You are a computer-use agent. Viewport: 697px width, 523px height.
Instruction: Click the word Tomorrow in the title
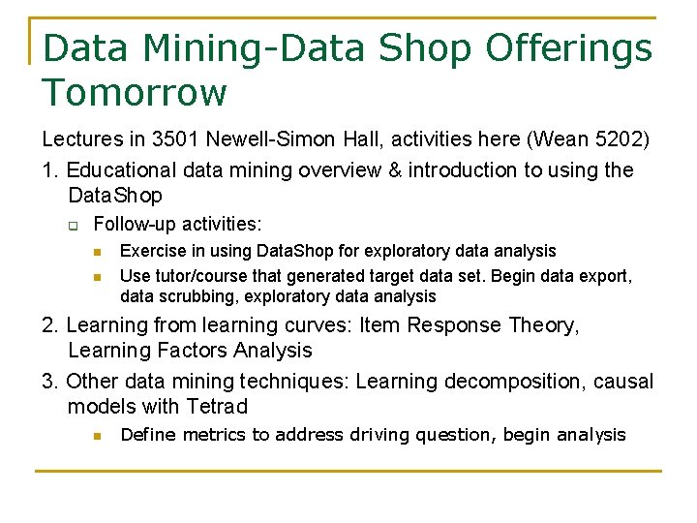click(135, 93)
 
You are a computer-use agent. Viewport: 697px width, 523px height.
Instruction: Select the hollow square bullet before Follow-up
click(71, 225)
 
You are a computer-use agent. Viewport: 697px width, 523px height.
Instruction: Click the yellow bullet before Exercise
click(97, 252)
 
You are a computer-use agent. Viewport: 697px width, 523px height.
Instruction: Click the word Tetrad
click(219, 407)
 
